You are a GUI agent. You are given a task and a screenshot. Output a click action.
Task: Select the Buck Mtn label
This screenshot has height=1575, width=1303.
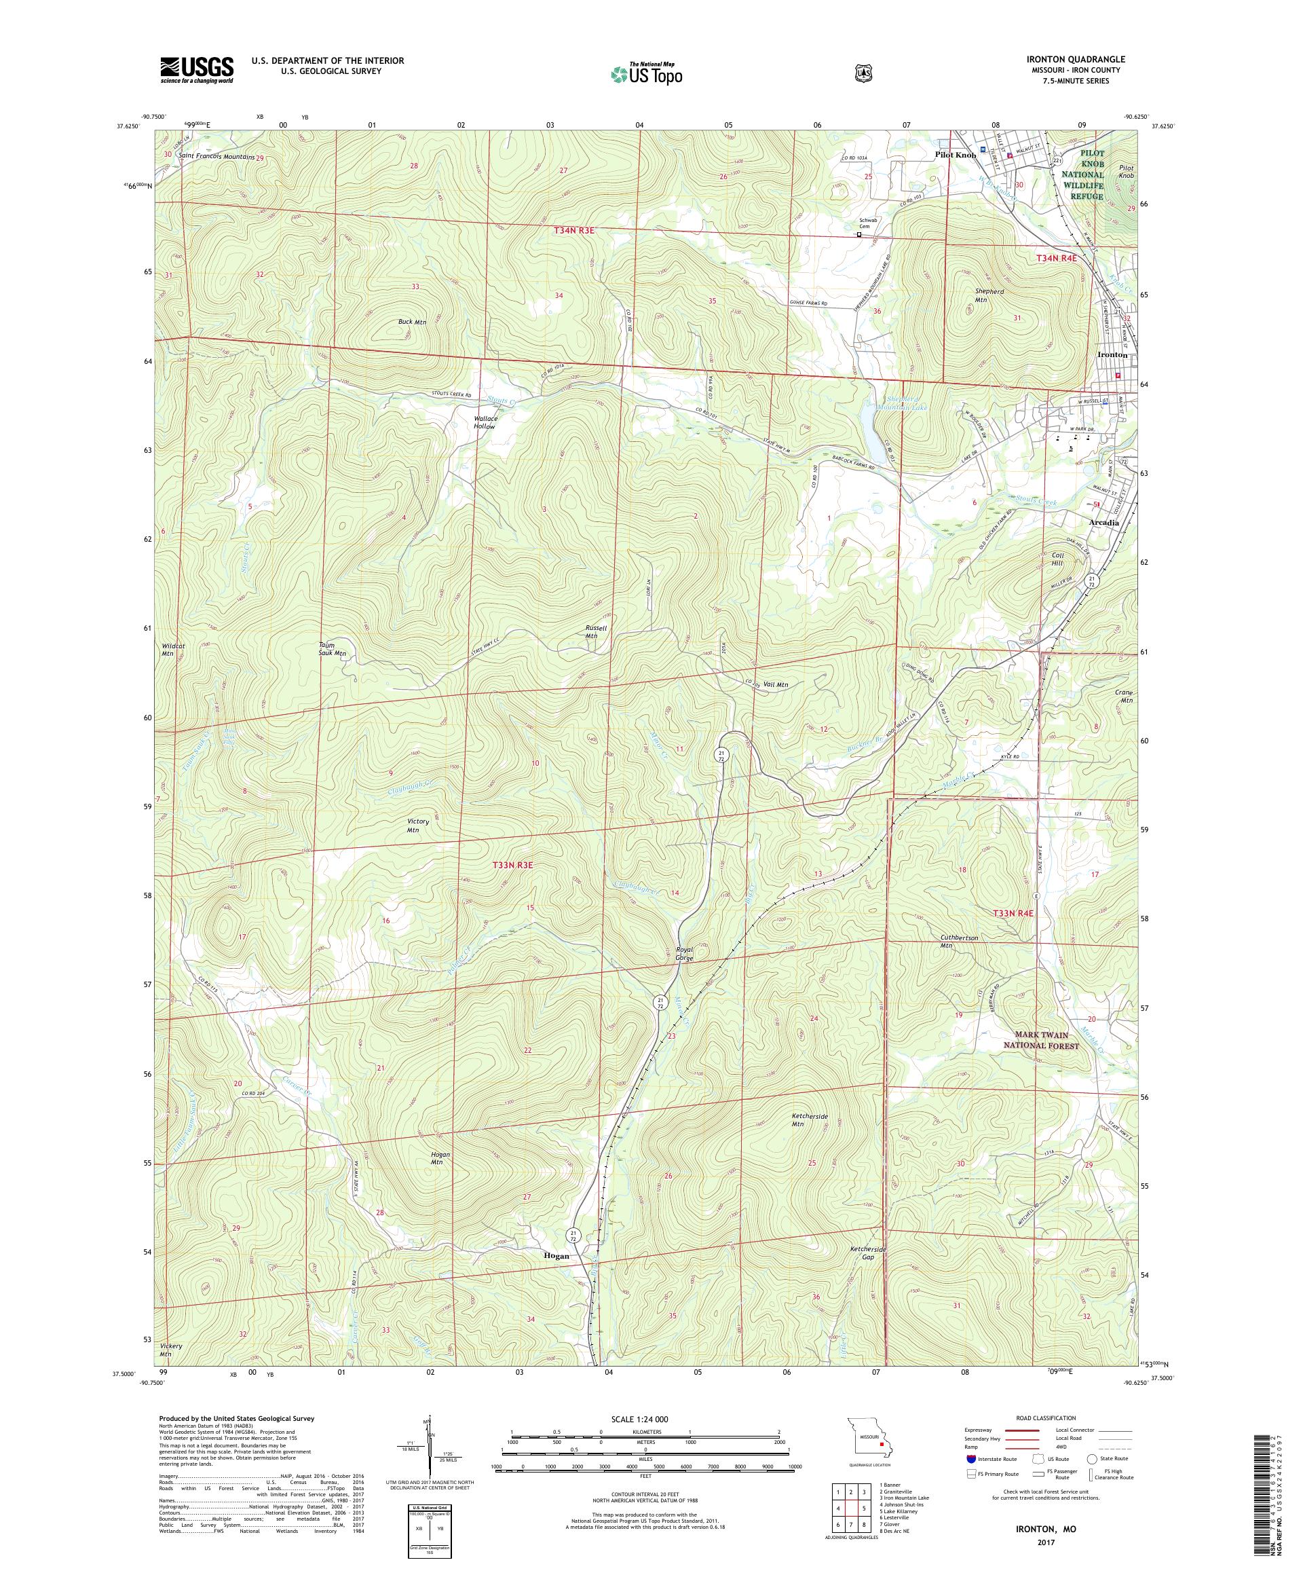tap(411, 322)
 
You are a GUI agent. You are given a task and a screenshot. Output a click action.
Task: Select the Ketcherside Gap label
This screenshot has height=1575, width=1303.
tap(868, 1253)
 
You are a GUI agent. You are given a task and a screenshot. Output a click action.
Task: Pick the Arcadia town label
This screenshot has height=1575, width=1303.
tap(1104, 523)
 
